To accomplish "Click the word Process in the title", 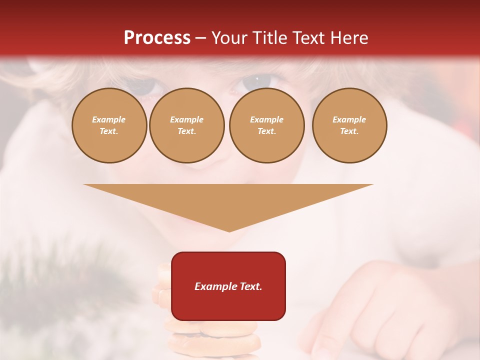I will point(157,37).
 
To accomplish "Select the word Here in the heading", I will point(349,37).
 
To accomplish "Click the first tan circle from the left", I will point(109,125).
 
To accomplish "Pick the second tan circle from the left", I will point(187,125).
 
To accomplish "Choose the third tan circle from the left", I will point(266,125).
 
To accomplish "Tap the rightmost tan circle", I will point(349,125).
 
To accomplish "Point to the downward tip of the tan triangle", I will point(229,229).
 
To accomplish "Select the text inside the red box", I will point(228,286).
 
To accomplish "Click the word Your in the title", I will point(230,37).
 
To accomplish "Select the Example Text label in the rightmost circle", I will point(349,125).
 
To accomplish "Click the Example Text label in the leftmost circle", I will point(109,125).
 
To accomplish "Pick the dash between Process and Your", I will point(200,37).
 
